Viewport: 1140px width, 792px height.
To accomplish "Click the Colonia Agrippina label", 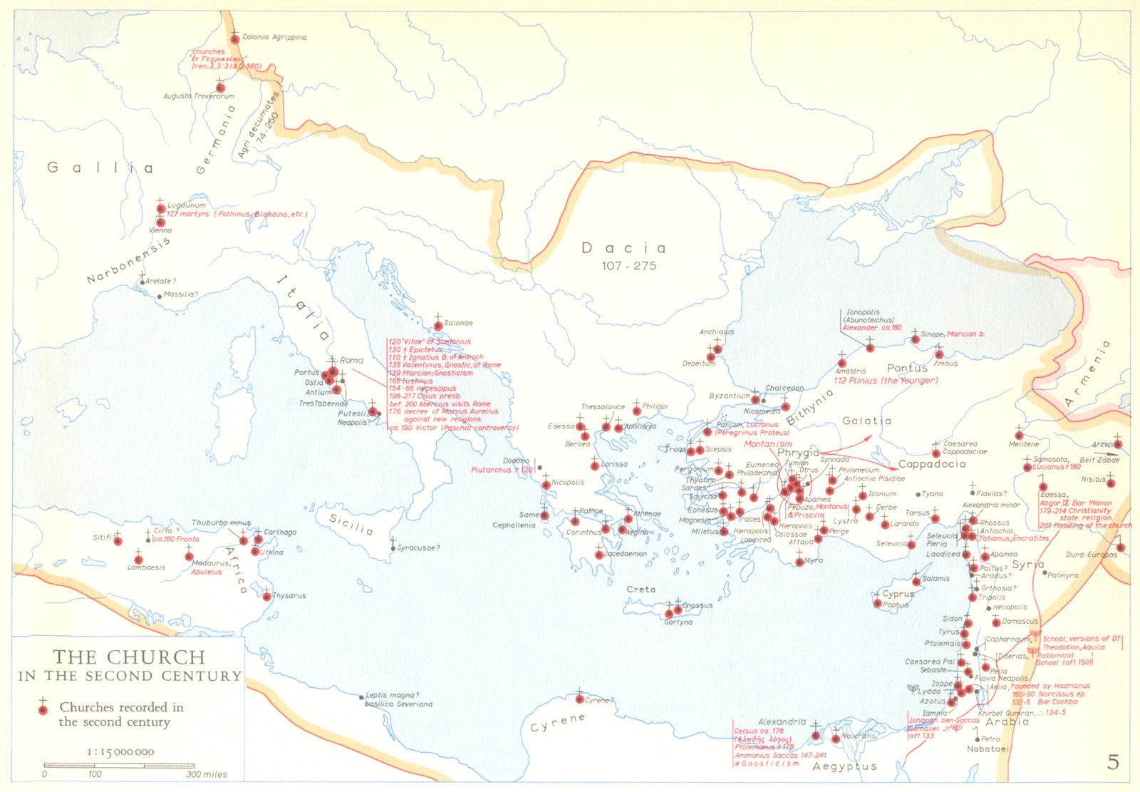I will tap(274, 37).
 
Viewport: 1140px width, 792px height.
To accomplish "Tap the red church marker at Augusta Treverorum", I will tap(220, 87).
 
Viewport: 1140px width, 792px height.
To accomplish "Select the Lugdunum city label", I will tap(186, 205).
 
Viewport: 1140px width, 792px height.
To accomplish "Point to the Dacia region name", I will tap(624, 248).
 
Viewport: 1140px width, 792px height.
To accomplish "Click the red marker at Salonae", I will tap(437, 326).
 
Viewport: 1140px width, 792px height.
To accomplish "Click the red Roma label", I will tap(351, 360).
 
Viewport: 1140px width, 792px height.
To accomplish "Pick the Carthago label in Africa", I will tap(280, 532).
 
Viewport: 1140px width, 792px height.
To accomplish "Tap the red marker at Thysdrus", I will tap(266, 597).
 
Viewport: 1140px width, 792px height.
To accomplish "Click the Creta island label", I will tap(641, 590).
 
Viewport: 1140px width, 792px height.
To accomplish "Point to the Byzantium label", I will tap(729, 396).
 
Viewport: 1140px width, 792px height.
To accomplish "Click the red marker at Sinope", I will tap(915, 339).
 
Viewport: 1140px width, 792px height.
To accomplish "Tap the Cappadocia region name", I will tap(932, 464).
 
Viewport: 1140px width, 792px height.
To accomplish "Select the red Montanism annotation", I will tap(767, 444).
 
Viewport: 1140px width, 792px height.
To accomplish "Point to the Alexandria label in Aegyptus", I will tap(782, 722).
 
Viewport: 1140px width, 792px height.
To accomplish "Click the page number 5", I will tap(1113, 763).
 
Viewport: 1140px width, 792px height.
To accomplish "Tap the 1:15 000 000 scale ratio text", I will tap(120, 751).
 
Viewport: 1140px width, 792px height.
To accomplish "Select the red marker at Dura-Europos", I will tap(1120, 548).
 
